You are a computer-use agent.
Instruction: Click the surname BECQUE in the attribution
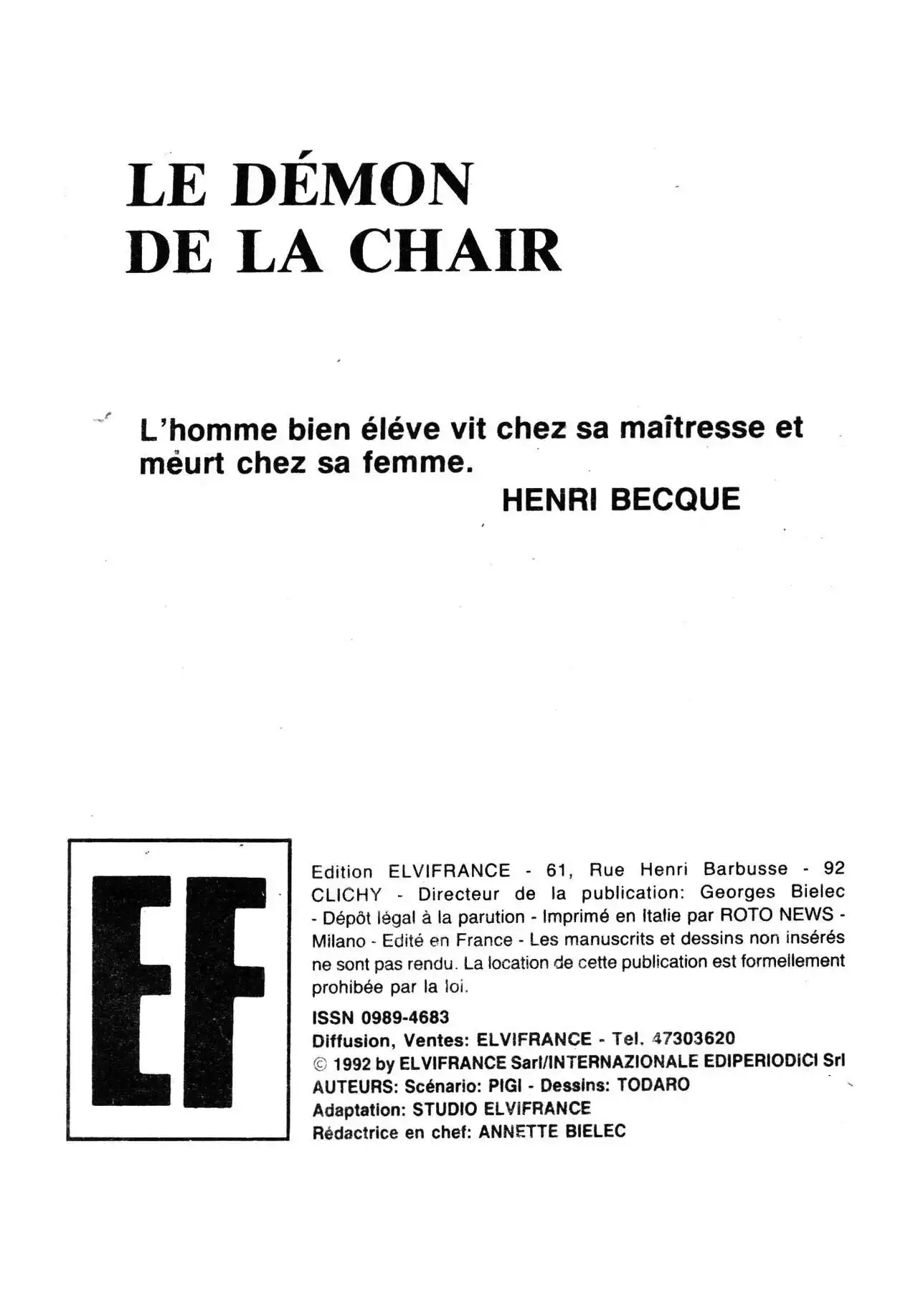click(x=675, y=500)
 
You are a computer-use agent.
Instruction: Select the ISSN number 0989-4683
click(x=405, y=1017)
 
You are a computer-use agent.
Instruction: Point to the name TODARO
click(x=653, y=1085)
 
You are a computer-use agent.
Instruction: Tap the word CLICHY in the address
click(x=346, y=896)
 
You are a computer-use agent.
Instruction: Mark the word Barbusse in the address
click(x=745, y=869)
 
